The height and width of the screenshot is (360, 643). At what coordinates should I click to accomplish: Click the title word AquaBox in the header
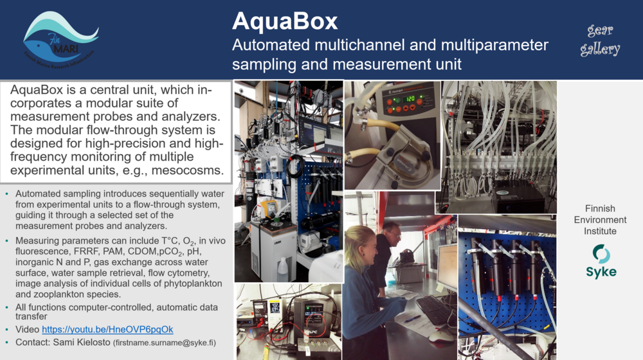point(284,21)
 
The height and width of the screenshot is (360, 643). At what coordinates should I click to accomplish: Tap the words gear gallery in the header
point(601,40)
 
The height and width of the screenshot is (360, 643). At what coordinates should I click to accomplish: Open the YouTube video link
point(107,330)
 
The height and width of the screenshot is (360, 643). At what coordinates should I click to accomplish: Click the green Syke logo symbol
point(601,253)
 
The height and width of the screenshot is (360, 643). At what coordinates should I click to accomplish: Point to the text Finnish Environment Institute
point(600,220)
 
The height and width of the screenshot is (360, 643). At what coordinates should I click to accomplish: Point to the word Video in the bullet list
point(28,330)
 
